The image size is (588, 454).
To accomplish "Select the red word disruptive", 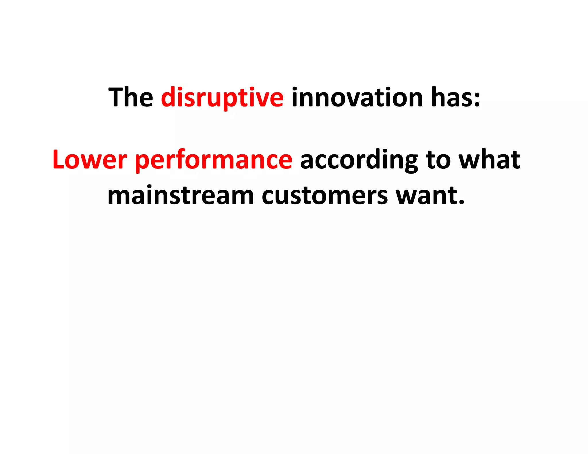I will tap(222, 98).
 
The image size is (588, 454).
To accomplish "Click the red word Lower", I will tap(90, 160).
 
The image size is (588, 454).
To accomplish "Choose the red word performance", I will tap(213, 160).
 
